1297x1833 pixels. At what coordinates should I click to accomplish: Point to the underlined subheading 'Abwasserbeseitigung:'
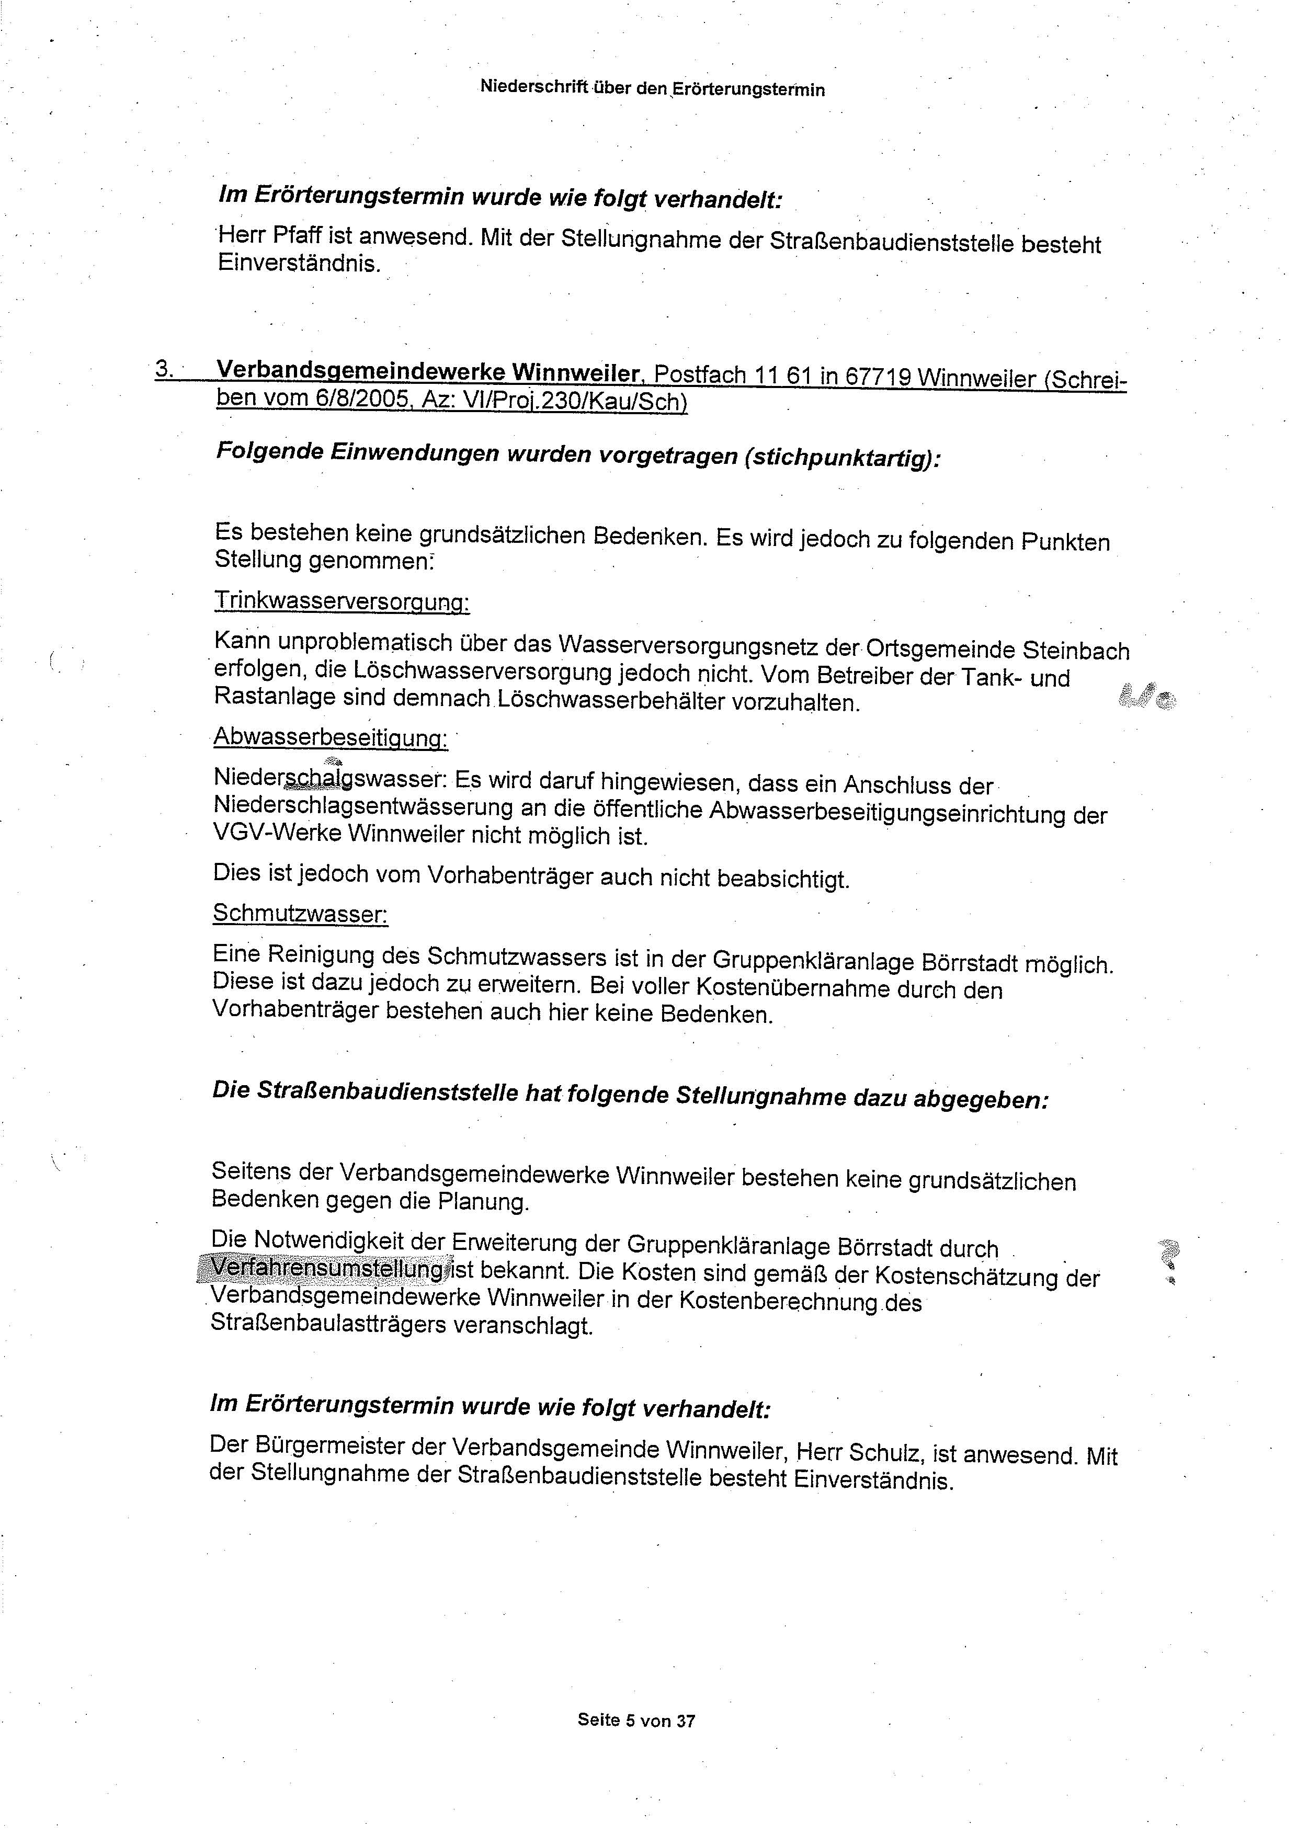331,738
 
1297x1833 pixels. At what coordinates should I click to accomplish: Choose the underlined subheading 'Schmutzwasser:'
300,913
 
